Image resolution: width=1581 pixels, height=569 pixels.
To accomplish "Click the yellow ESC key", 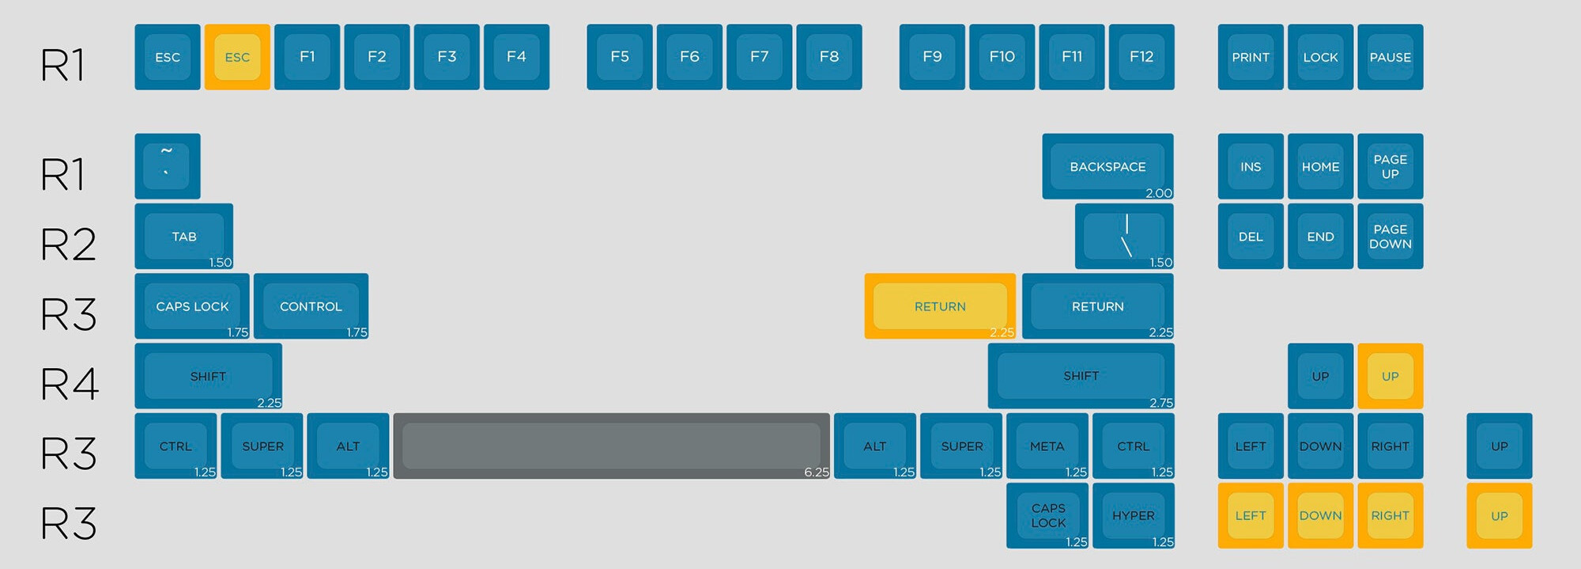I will tap(237, 57).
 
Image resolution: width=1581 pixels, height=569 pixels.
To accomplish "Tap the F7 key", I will tap(759, 57).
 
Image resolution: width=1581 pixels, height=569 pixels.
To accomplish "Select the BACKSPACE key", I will tap(1107, 166).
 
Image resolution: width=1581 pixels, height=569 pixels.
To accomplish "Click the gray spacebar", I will tap(611, 446).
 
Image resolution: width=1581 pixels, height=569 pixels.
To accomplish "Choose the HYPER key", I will tap(1133, 515).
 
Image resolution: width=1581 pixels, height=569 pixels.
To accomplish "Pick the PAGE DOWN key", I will tap(1390, 236).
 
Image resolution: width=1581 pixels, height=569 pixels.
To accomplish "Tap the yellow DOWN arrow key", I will tap(1320, 515).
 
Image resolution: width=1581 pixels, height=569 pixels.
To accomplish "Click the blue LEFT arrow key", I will tap(1251, 446).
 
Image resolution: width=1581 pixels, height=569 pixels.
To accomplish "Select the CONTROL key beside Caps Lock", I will tap(311, 306).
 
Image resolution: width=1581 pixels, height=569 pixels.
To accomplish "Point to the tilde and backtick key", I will tap(167, 166).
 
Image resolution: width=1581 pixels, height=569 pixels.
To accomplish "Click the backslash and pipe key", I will tap(1124, 236).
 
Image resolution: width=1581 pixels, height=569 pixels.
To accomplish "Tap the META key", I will tap(1047, 446).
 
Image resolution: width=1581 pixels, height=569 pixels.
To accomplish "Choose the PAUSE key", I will tap(1390, 57).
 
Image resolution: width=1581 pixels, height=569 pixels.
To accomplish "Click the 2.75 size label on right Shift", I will tap(1160, 403).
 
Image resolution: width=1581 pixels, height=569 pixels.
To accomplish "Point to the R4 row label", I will tap(70, 384).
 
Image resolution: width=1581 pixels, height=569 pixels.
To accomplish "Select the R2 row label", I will tap(69, 244).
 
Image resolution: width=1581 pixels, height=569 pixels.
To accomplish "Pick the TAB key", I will tap(184, 236).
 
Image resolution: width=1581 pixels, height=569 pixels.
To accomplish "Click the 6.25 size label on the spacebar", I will tap(817, 472).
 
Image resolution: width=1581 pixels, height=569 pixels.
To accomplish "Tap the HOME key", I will tap(1320, 166).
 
